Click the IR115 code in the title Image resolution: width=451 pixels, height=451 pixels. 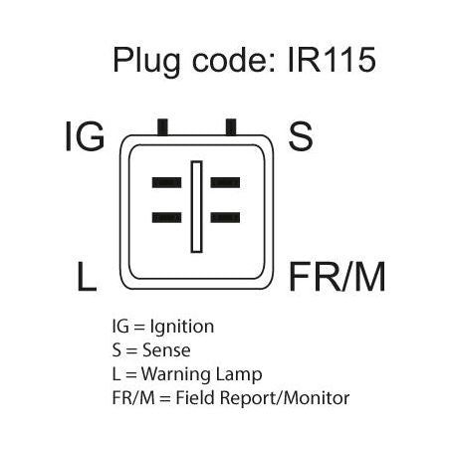[x=332, y=60]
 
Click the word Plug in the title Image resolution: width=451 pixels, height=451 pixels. [x=147, y=63]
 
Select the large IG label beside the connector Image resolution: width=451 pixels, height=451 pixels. [x=85, y=136]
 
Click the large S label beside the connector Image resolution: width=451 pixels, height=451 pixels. [x=301, y=136]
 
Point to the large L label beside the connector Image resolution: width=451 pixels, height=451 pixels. [x=87, y=277]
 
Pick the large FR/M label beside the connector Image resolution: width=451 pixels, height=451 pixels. [x=338, y=277]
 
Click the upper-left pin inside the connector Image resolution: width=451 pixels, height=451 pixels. [x=166, y=182]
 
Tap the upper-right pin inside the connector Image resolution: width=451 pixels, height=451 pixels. [x=225, y=182]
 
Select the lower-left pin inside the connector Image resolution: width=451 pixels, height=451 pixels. [x=166, y=217]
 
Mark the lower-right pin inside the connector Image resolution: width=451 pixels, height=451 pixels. [x=225, y=217]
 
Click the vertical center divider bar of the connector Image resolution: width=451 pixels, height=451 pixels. [x=196, y=207]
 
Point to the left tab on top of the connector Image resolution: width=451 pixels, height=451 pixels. [x=162, y=127]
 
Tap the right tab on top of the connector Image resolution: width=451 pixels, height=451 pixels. [x=231, y=127]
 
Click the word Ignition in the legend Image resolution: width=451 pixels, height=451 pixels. [x=182, y=328]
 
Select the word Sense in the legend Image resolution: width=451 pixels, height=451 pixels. [x=166, y=350]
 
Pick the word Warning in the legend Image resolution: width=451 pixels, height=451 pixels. [x=176, y=375]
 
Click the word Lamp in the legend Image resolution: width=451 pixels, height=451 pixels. [x=239, y=375]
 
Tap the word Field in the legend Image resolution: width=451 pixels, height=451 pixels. [x=195, y=397]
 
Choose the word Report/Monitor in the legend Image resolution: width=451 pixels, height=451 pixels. [x=285, y=398]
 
